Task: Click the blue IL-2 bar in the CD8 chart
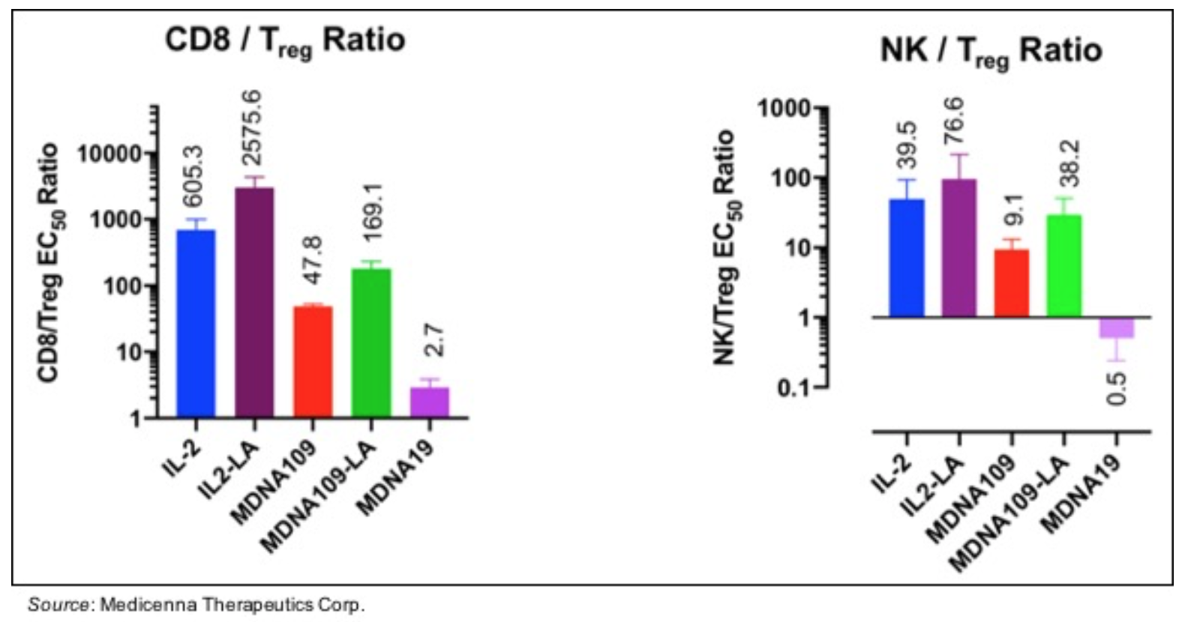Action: point(196,322)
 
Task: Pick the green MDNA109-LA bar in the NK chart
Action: point(1063,265)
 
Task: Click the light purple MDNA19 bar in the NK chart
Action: point(1117,327)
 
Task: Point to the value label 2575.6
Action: point(252,128)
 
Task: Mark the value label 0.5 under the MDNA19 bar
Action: point(1117,388)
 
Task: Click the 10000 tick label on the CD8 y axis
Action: point(110,154)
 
